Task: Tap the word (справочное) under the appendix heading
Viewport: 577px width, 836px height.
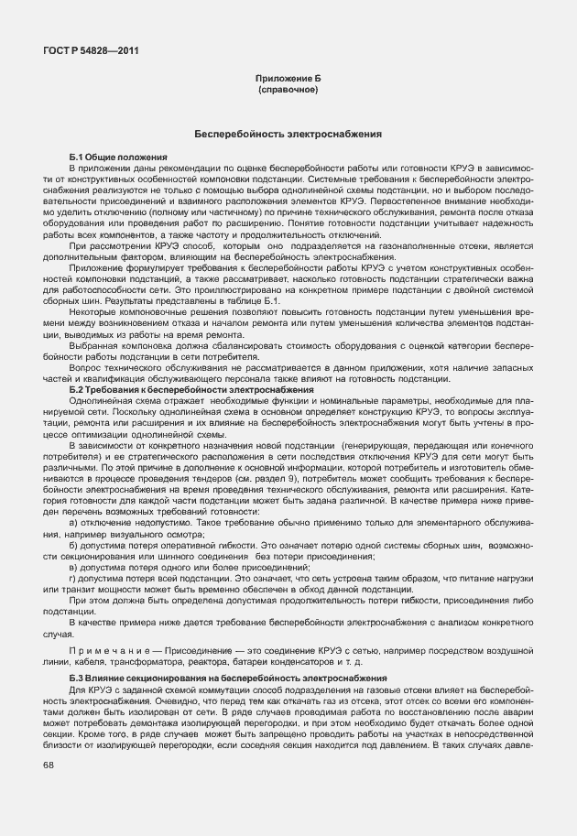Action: tap(288, 92)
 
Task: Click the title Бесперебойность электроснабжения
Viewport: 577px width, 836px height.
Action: tap(288, 135)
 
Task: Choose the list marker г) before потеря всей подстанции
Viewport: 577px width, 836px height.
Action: tap(73, 580)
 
